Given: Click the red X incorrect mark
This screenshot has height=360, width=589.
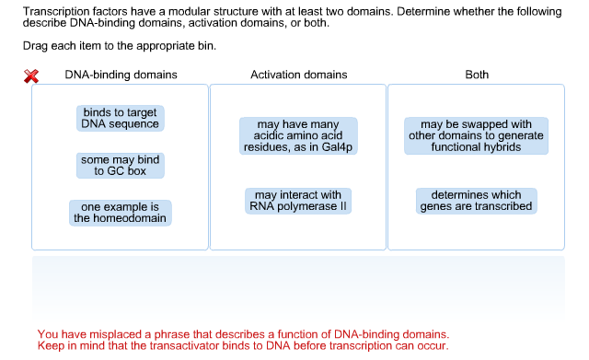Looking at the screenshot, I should (x=30, y=76).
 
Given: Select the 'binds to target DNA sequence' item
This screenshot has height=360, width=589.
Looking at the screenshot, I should (x=120, y=118).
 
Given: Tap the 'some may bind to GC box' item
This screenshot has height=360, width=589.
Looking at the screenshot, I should (x=120, y=166).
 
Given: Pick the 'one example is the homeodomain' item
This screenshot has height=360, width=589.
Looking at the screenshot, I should (x=120, y=213).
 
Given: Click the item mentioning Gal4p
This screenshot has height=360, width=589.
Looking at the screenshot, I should (x=297, y=135).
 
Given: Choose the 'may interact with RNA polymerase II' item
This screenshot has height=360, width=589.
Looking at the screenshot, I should (x=297, y=201).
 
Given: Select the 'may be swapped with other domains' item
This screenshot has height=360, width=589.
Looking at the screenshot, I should (x=476, y=135).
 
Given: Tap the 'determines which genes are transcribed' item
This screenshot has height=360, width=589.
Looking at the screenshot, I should (x=476, y=201).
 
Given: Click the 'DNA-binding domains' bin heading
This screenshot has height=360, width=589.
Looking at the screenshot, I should (x=121, y=75).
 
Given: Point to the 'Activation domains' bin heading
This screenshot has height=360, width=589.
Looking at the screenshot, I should (x=299, y=75).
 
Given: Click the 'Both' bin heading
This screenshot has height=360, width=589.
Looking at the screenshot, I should (x=477, y=75).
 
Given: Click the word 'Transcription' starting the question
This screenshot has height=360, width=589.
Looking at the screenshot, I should (x=56, y=10).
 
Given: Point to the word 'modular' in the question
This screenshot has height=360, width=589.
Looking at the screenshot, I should (x=191, y=10).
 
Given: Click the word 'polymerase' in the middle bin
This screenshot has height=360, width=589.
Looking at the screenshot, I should (x=309, y=207).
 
